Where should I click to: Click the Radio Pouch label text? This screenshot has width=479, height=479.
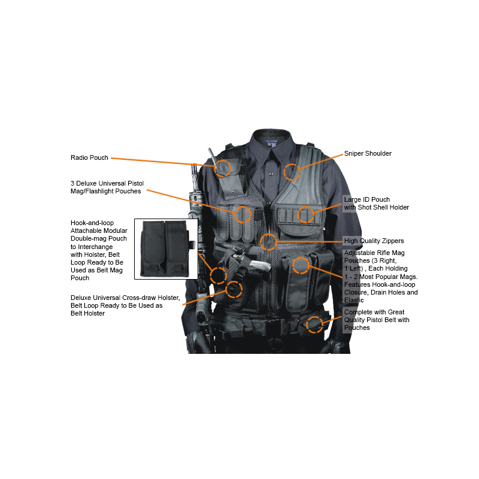coord(89,157)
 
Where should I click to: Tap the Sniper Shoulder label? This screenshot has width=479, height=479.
coord(368,153)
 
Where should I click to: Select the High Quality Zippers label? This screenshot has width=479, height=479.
coord(374,241)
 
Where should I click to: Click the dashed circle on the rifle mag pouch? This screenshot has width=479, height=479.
coord(301,257)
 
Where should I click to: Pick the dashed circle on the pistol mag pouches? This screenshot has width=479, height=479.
coord(243,207)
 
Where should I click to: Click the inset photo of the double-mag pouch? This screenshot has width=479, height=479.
coord(166,248)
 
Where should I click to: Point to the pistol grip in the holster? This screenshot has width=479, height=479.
coord(260,266)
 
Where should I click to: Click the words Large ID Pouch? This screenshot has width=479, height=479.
coord(367,199)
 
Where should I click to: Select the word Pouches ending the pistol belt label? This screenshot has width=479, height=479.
coord(357,328)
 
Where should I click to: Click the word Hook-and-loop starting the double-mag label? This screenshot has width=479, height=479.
coord(92,223)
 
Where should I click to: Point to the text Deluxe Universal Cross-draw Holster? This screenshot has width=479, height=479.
coord(125,298)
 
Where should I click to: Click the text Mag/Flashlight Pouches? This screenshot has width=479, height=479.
coord(106,191)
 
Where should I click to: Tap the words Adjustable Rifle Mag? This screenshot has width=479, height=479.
coord(374,253)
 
